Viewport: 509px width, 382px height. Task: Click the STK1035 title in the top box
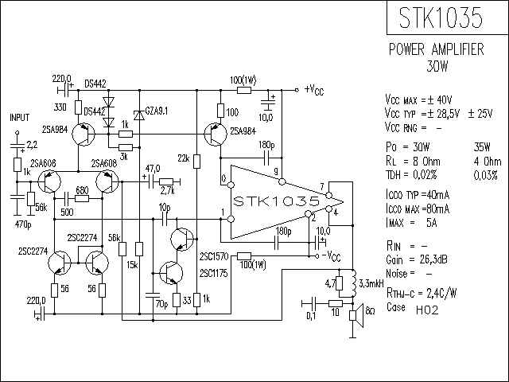point(441,18)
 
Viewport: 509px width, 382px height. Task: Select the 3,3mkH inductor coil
point(353,283)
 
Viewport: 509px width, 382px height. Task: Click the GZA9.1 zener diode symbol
point(139,115)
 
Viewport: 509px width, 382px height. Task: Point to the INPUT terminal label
point(19,118)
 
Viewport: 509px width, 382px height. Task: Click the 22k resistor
point(196,162)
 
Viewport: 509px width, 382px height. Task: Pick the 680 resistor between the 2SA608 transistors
point(82,198)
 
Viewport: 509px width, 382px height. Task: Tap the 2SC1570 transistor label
point(214,256)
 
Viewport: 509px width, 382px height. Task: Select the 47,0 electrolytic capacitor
point(150,182)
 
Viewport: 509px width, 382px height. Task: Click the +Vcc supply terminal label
point(314,90)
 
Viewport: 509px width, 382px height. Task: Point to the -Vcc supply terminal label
point(331,256)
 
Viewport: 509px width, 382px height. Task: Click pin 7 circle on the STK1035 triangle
point(328,195)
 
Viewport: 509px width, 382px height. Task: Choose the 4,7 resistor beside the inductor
point(340,283)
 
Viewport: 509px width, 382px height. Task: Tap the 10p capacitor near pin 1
point(165,220)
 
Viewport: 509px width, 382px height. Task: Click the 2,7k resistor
point(166,182)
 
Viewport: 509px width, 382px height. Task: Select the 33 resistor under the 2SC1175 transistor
point(177,300)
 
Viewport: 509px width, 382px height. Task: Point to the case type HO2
point(427,310)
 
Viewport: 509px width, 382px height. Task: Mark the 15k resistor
point(139,249)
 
